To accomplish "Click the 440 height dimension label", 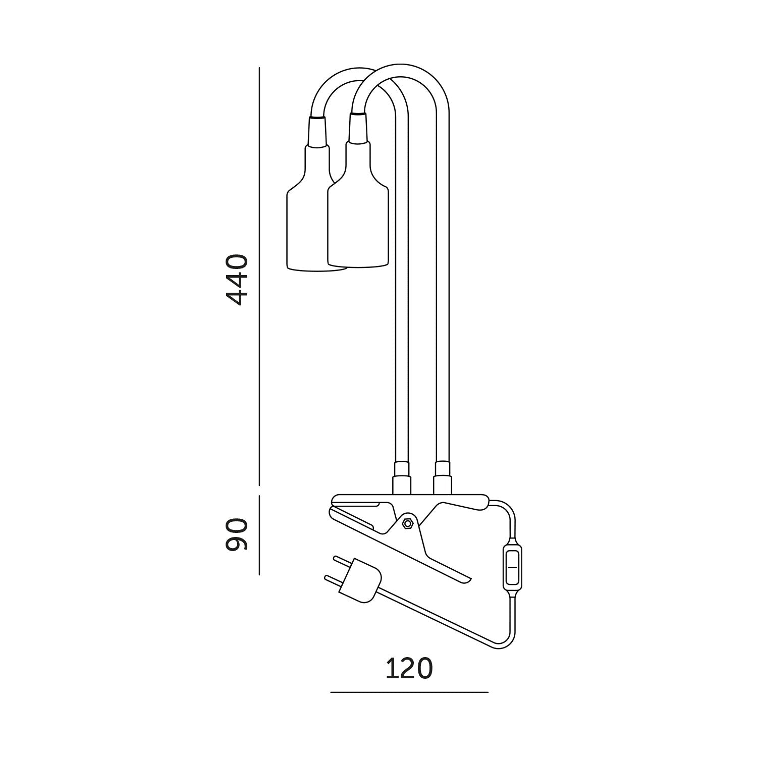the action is point(237,280).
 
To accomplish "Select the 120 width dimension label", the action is point(409,669).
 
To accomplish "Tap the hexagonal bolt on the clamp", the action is point(407,523).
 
